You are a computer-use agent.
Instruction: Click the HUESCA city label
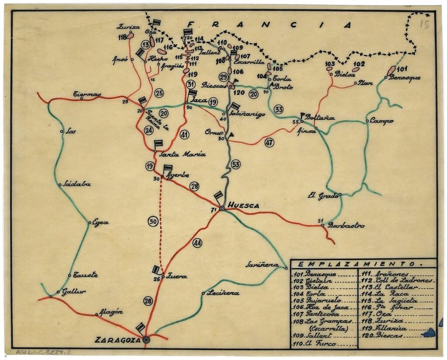click(244, 205)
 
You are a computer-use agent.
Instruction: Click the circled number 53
click(236, 164)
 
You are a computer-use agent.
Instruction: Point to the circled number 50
click(153, 222)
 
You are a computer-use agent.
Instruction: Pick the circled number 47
click(269, 142)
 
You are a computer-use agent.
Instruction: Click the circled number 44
click(197, 243)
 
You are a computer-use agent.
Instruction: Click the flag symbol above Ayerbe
click(168, 168)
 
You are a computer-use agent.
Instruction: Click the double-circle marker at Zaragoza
click(146, 339)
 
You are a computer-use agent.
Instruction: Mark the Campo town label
click(382, 121)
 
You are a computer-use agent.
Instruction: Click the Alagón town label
click(111, 312)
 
